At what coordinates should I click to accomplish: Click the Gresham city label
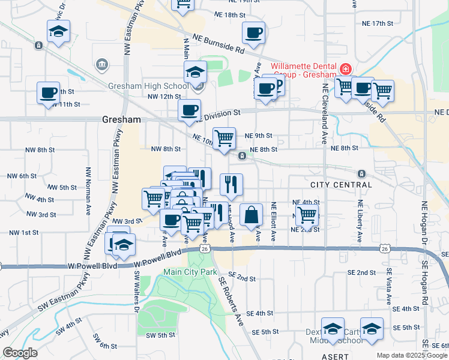(x=121, y=119)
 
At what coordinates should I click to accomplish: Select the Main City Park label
(x=190, y=272)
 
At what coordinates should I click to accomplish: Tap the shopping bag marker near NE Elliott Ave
(x=251, y=215)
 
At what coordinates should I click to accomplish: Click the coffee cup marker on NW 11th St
(x=48, y=93)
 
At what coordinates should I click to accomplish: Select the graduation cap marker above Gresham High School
(x=195, y=73)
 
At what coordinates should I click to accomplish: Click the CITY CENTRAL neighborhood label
(x=341, y=184)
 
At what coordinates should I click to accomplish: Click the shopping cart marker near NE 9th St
(x=224, y=139)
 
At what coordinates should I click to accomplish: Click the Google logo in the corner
(x=20, y=353)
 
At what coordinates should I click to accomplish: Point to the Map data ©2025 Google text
(x=411, y=355)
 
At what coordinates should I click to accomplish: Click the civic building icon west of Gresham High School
(x=101, y=64)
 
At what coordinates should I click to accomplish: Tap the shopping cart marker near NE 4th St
(x=307, y=214)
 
